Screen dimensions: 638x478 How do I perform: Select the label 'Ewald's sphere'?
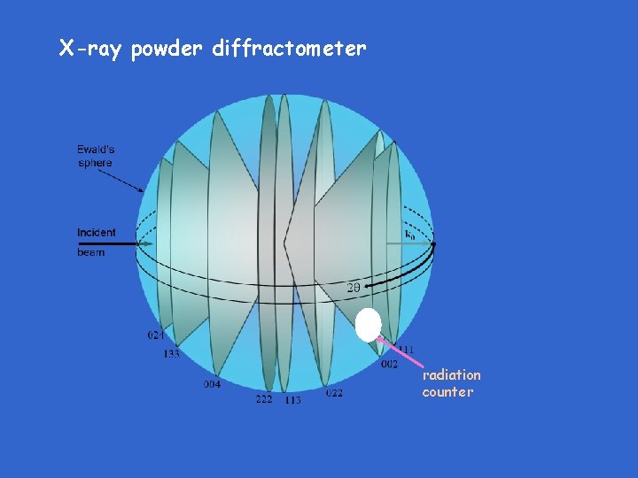95,156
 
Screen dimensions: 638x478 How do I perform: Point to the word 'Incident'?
96,233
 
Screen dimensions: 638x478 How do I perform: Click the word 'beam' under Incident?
90,252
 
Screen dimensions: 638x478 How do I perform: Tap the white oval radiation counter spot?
368,325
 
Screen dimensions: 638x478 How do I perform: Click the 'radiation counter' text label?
450,383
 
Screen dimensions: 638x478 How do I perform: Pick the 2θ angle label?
352,288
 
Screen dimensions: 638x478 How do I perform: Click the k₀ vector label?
409,235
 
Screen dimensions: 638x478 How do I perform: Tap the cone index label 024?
155,335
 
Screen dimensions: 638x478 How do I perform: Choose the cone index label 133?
171,354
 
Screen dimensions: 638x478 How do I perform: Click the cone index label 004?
212,384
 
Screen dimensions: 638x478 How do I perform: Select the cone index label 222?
264,399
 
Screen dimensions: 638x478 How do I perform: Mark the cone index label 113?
292,400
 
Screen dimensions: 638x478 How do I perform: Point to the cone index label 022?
334,393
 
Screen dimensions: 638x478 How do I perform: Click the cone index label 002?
389,364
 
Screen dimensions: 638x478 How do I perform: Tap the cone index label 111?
406,350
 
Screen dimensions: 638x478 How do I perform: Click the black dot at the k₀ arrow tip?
433,243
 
